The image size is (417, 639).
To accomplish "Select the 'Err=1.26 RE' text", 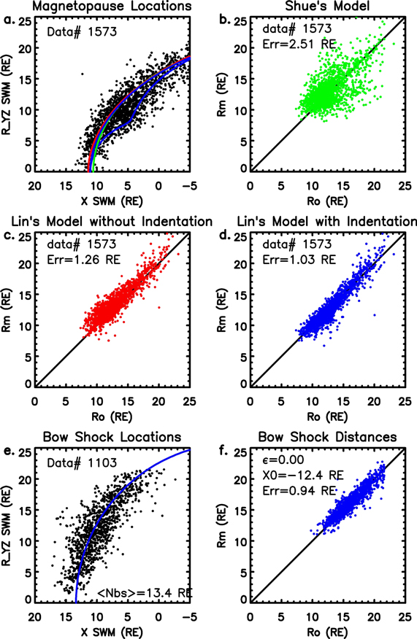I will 86,259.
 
